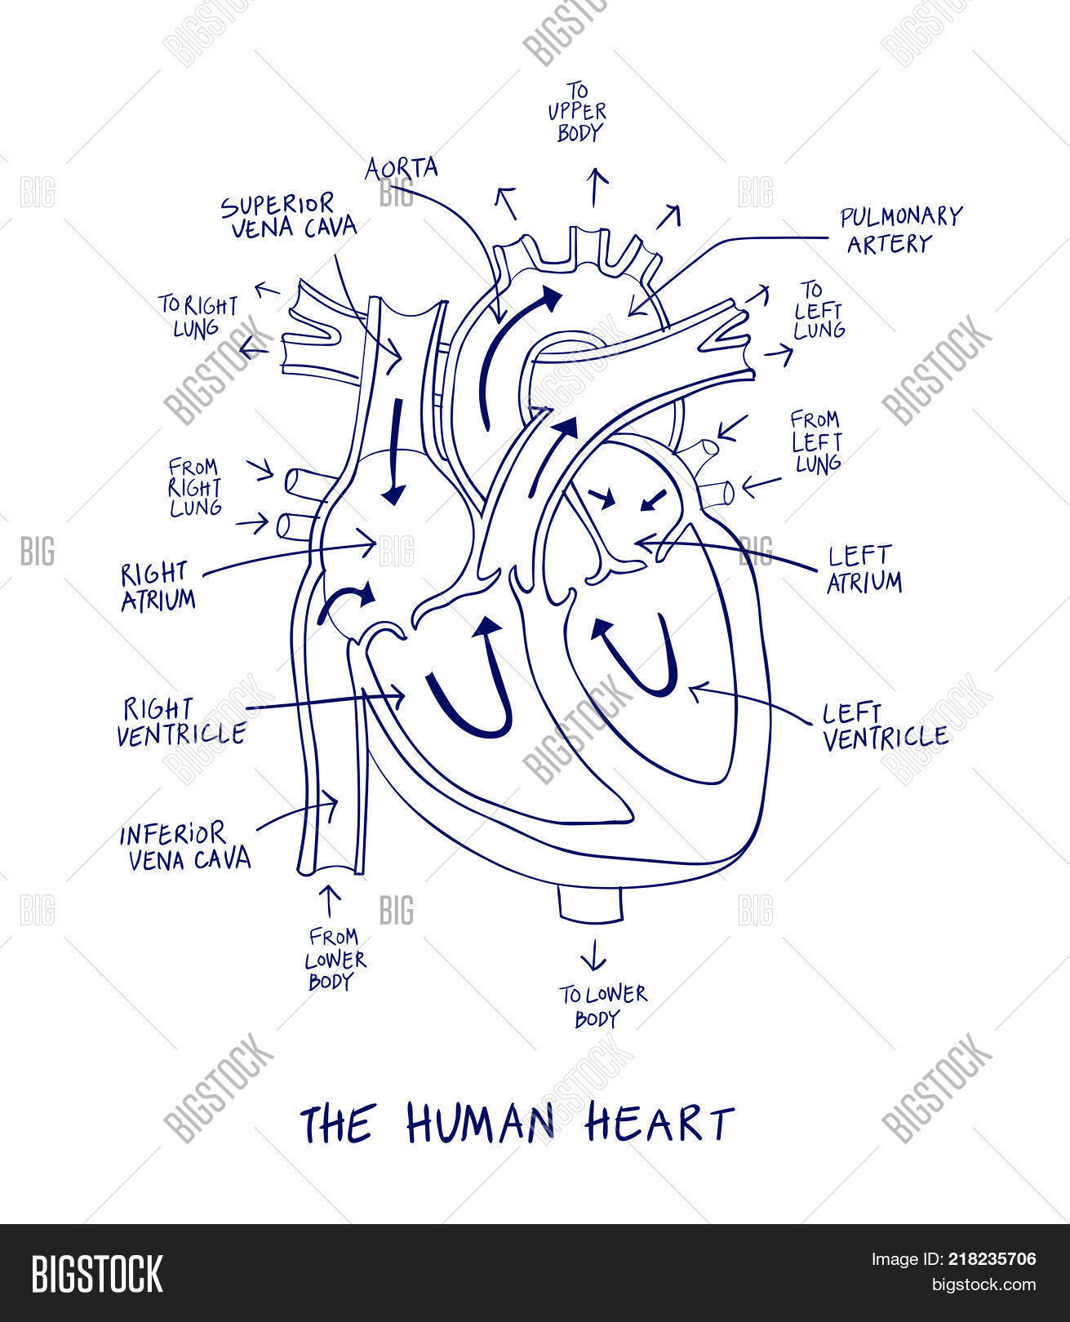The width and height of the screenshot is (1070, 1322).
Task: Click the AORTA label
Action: [x=401, y=168]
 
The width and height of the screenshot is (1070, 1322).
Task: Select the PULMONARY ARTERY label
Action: [x=900, y=229]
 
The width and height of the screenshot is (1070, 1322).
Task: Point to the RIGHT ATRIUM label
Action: [x=158, y=587]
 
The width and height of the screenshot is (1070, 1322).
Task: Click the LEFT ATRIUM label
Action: [x=864, y=569]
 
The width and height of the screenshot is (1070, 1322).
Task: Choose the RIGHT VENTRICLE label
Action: [x=181, y=722]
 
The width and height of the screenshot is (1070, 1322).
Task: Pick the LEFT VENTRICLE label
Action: [x=886, y=727]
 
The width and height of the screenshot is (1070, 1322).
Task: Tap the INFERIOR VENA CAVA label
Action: [x=185, y=847]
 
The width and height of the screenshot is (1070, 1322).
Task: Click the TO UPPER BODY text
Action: [x=577, y=113]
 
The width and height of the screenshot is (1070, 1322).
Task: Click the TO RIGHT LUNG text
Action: [x=198, y=316]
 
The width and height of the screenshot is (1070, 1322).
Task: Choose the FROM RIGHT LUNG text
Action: [x=195, y=487]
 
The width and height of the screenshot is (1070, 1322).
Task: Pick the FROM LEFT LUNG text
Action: [x=816, y=442]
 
